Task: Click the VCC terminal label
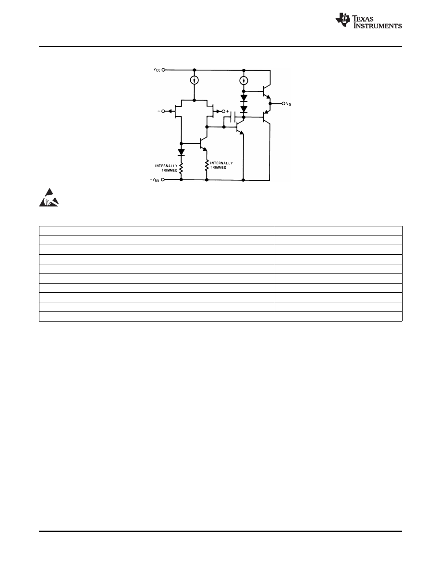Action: [157, 70]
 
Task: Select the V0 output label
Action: [288, 104]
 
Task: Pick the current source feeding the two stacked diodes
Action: [244, 80]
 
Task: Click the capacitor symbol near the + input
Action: [233, 117]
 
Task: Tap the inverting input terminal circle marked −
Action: [163, 112]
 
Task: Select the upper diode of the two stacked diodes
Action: [244, 99]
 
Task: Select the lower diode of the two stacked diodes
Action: [244, 110]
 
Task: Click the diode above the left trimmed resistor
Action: [181, 152]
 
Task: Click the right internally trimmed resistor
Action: [207, 166]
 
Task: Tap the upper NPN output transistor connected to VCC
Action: [265, 91]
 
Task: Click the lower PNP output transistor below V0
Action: [265, 116]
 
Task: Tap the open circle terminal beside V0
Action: [282, 103]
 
